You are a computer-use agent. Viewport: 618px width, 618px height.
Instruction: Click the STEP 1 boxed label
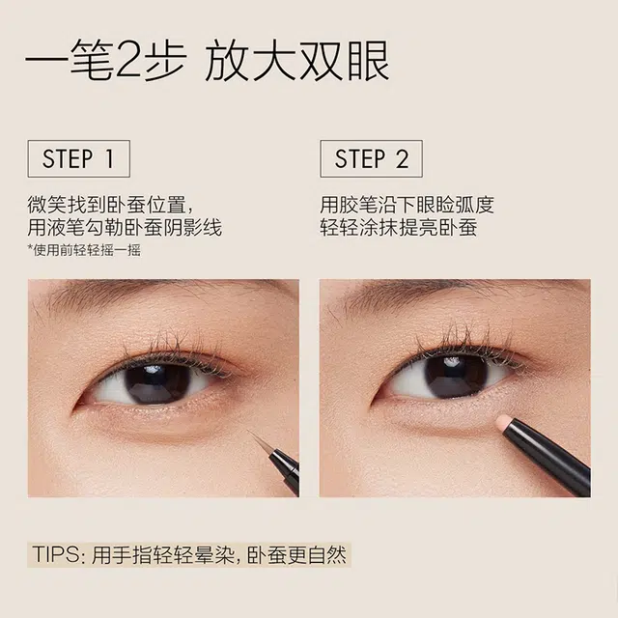tap(79, 158)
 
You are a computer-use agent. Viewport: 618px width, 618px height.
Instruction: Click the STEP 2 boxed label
tap(371, 158)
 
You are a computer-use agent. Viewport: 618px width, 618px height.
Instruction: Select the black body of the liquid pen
tap(285, 470)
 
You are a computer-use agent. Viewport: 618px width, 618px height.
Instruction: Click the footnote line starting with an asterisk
tap(84, 250)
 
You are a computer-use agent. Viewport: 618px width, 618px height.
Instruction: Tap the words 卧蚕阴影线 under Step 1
tap(174, 228)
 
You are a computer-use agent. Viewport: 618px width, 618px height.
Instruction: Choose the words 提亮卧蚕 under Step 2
tap(438, 228)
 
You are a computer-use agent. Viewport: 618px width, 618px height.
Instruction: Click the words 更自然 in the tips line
tap(317, 554)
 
